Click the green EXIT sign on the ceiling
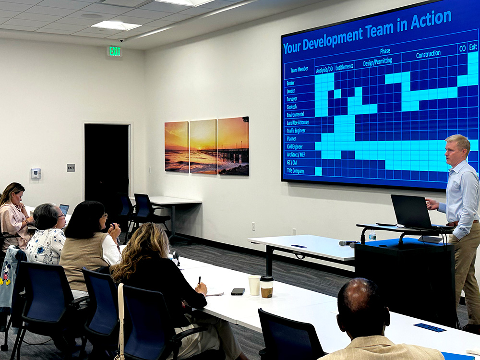[x=115, y=51]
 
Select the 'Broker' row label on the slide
[x=290, y=83]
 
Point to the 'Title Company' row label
[x=295, y=170]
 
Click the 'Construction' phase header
[x=428, y=54]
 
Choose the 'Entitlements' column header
[x=344, y=66]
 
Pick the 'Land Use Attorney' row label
[x=298, y=122]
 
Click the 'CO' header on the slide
[x=462, y=48]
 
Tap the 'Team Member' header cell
[x=299, y=70]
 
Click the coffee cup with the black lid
[x=266, y=287]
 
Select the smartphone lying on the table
[x=238, y=291]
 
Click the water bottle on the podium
[x=372, y=235]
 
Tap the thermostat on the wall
[x=36, y=174]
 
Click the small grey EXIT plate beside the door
[x=71, y=168]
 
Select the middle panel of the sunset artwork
[x=203, y=146]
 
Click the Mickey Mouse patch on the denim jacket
[x=5, y=273]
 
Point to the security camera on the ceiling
[x=121, y=40]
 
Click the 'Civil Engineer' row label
[x=295, y=146]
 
